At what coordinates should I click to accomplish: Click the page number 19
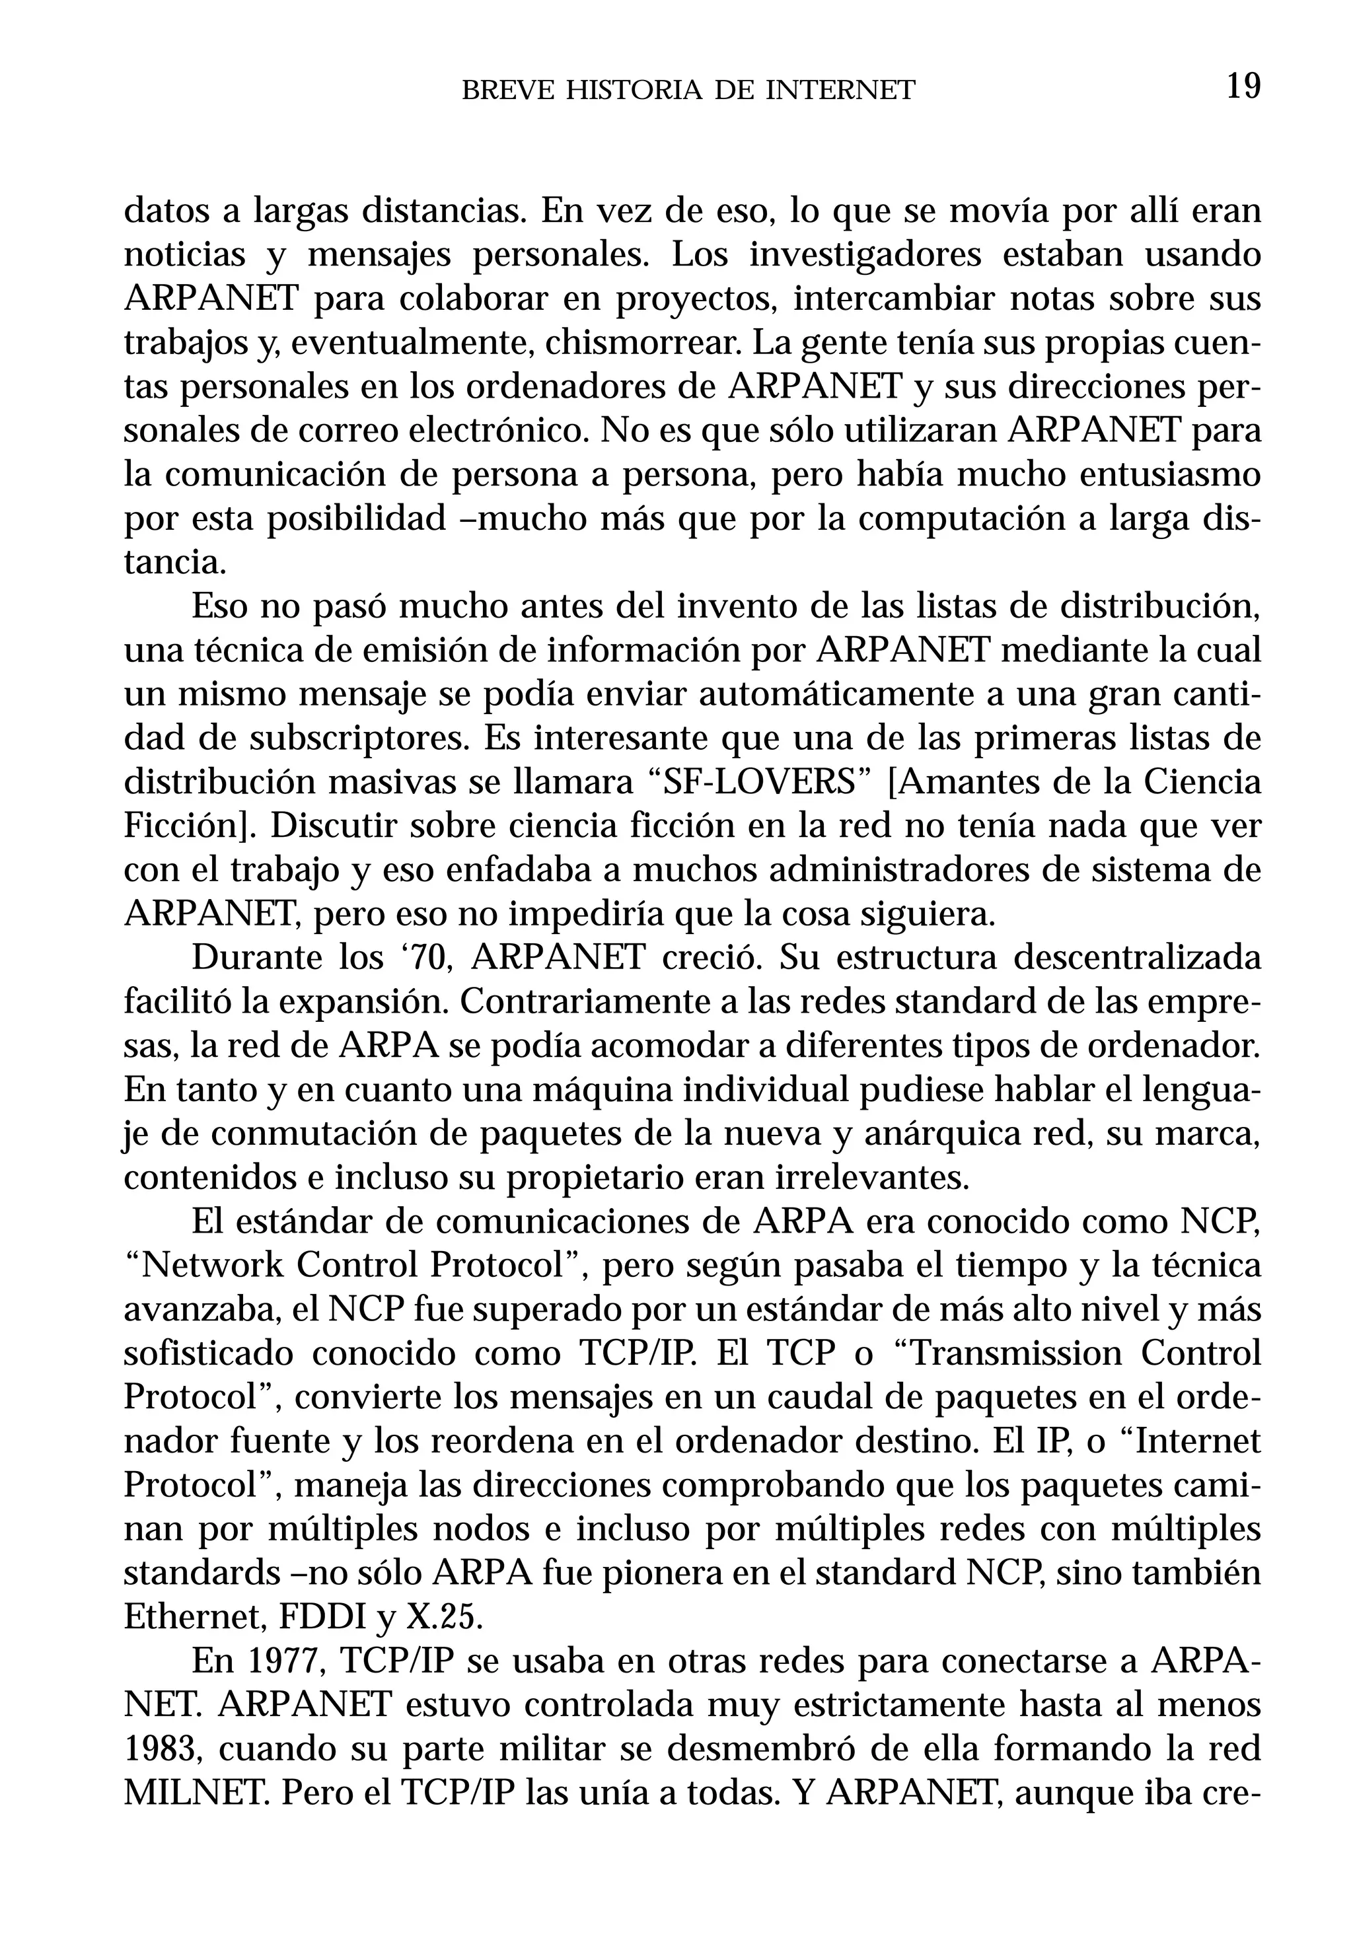point(1243,87)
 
